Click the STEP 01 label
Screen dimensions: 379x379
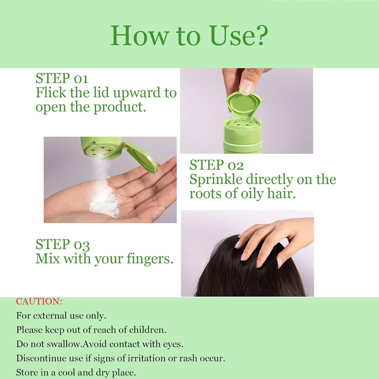62,78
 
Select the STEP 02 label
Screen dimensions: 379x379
217,165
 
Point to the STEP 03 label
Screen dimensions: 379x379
63,245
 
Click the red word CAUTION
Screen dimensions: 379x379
39,301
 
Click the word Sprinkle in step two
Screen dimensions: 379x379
216,180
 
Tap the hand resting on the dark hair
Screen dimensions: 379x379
268,243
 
